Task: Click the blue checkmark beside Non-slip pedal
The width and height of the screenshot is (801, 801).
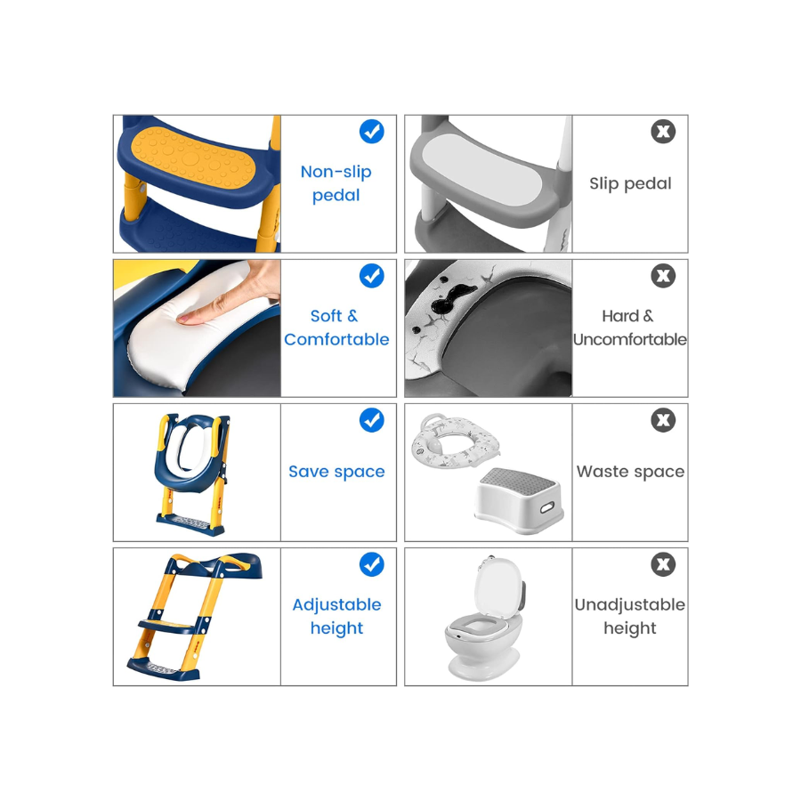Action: (x=371, y=132)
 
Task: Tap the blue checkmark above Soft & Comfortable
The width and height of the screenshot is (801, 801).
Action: (x=371, y=276)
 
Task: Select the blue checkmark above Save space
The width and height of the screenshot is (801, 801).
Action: (x=371, y=420)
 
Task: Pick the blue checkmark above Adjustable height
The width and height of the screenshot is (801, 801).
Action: (x=371, y=564)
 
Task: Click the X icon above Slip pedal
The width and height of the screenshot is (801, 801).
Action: (x=663, y=132)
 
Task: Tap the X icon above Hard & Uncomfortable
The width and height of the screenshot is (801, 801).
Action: (x=663, y=276)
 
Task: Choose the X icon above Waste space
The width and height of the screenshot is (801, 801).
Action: (x=663, y=420)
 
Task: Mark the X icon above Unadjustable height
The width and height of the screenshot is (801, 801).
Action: (x=663, y=564)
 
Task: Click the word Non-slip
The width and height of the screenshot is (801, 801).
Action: (x=336, y=172)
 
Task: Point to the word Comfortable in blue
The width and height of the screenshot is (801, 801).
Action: (x=336, y=339)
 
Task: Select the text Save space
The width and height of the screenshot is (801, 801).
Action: (x=336, y=472)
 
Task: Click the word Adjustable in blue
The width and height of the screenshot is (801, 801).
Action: (x=336, y=605)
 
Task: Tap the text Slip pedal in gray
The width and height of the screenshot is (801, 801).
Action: (x=630, y=183)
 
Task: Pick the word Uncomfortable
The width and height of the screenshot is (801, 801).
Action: (x=630, y=339)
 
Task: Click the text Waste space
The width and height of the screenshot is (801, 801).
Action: (x=630, y=472)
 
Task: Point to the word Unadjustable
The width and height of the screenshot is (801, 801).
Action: (x=630, y=605)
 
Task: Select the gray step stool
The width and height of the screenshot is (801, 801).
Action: (x=519, y=499)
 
